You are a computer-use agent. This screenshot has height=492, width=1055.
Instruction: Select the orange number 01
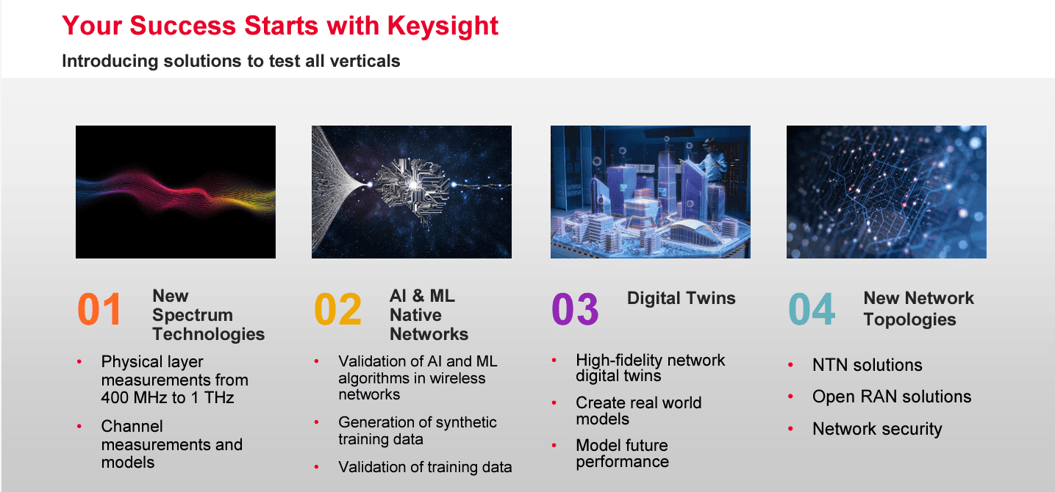click(x=99, y=309)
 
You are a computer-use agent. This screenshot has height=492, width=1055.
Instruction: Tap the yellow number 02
click(x=337, y=309)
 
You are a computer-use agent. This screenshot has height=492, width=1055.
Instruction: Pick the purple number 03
click(x=575, y=309)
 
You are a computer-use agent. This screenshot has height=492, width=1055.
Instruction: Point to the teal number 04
click(x=812, y=309)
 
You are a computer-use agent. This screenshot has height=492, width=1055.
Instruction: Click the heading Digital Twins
click(x=681, y=297)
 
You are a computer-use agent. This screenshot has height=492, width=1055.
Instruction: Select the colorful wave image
click(x=176, y=192)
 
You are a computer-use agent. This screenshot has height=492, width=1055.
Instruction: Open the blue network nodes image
click(x=887, y=192)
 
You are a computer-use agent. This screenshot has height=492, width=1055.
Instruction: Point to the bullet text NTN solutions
click(x=867, y=365)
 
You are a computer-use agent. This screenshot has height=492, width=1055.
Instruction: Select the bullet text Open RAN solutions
click(x=892, y=397)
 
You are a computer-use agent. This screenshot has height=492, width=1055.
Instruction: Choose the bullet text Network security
click(x=877, y=429)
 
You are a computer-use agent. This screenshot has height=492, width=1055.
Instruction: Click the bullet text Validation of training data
click(x=425, y=467)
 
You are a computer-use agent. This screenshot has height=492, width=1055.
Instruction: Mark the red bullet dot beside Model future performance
click(x=554, y=445)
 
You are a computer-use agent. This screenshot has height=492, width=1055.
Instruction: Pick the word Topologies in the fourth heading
click(x=909, y=320)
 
